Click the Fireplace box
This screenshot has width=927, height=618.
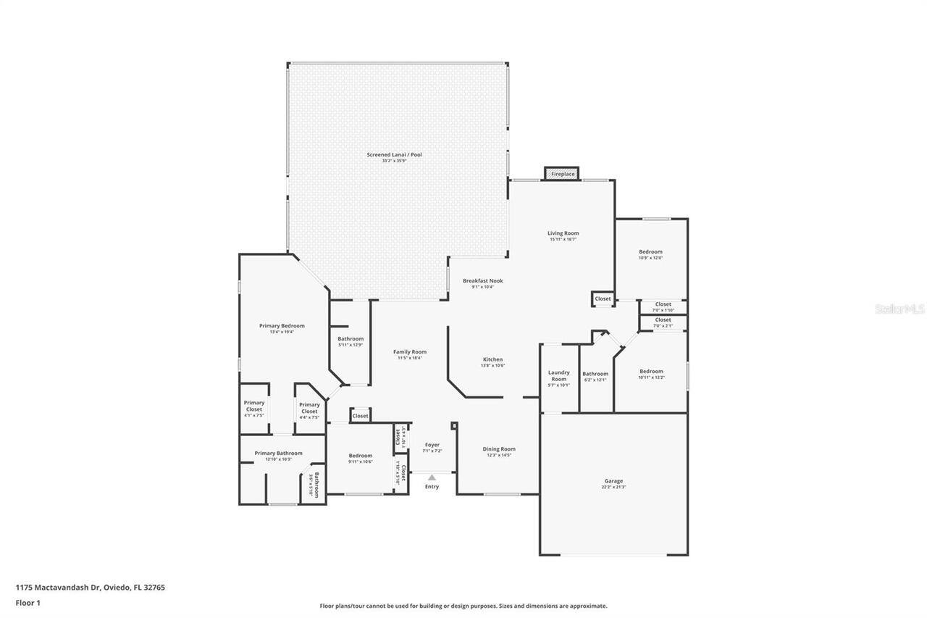[x=563, y=174]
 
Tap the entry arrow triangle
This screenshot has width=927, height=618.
[x=432, y=477]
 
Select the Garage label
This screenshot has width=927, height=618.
[x=613, y=481]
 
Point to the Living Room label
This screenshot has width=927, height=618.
[x=563, y=233]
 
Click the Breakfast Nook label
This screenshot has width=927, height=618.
[x=482, y=281]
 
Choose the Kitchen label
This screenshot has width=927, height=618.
[x=493, y=359]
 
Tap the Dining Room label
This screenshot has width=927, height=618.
[x=499, y=449]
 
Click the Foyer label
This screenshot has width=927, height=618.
[x=432, y=445]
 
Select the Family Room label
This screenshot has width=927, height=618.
[x=410, y=352]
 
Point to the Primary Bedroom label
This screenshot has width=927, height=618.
[x=282, y=326]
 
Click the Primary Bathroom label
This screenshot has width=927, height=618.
[x=278, y=454]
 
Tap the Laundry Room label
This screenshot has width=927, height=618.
[x=558, y=376]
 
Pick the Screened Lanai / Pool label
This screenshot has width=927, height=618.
[x=394, y=155]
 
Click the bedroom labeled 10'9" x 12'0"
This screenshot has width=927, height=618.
[x=650, y=252]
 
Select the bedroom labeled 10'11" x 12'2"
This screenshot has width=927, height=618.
[x=650, y=372]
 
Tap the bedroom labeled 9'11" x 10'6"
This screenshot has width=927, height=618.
[x=360, y=456]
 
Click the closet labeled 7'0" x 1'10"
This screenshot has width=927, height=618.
[x=663, y=305]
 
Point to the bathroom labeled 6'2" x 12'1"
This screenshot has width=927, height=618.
[x=595, y=375]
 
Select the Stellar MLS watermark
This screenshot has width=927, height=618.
[x=899, y=309]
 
